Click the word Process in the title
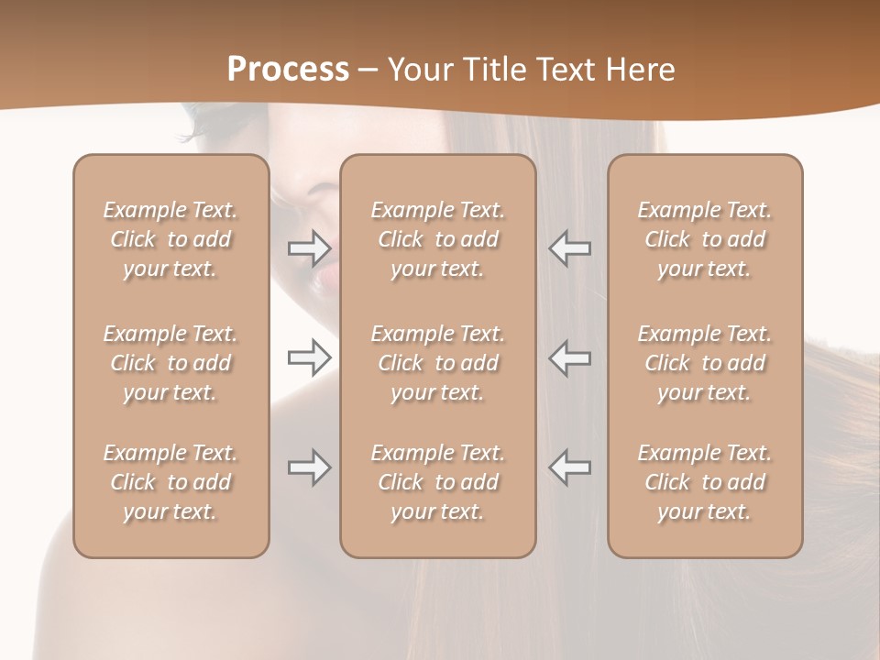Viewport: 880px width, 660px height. (x=288, y=70)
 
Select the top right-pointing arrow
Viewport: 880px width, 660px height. (x=309, y=247)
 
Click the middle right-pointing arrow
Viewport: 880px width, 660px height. (x=309, y=357)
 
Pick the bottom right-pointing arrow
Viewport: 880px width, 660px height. (x=309, y=467)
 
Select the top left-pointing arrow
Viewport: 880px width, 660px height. (x=570, y=247)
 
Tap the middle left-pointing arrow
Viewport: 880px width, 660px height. (x=570, y=357)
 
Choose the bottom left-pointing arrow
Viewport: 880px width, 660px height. (x=570, y=467)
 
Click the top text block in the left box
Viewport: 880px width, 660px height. (x=170, y=239)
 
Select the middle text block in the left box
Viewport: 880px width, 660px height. (x=170, y=363)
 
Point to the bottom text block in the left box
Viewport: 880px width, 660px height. (x=170, y=482)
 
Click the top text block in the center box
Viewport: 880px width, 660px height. (x=438, y=239)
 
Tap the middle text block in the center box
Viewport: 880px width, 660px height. (x=438, y=363)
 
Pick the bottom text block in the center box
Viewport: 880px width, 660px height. (x=438, y=482)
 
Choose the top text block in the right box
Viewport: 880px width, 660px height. (x=705, y=239)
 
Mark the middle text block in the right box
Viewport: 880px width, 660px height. (x=705, y=363)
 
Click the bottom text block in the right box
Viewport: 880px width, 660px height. (x=705, y=482)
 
